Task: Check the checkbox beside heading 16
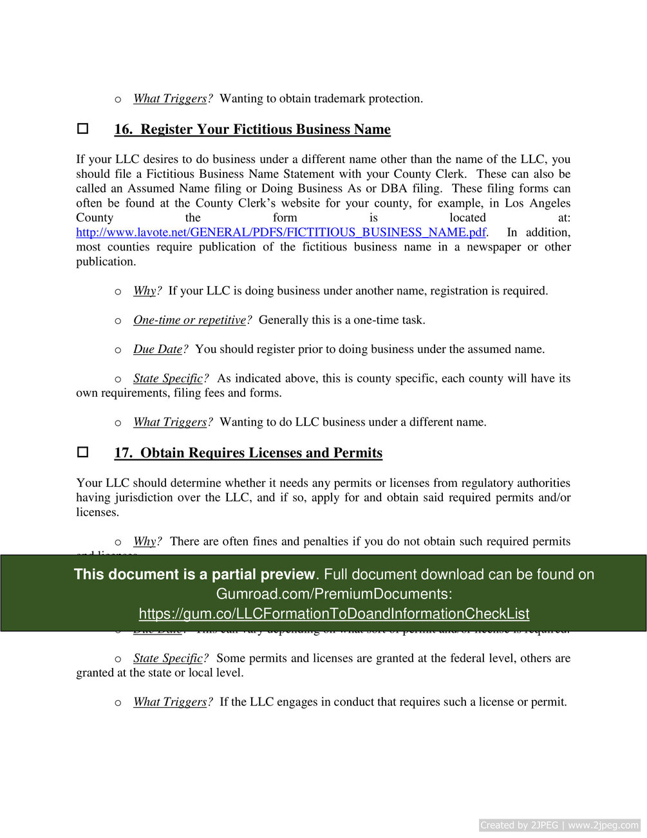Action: [83, 129]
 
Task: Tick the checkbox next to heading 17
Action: [83, 452]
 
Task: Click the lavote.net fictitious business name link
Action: [281, 233]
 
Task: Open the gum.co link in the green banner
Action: [334, 614]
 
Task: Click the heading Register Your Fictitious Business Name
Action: [252, 129]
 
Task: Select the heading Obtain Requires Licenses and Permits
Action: [248, 453]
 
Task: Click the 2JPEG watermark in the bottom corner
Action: [559, 825]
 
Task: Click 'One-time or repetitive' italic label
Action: [190, 320]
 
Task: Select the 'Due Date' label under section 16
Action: [158, 349]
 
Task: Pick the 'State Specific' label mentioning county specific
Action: [168, 378]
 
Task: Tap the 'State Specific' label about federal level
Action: [168, 658]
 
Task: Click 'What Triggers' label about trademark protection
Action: [170, 99]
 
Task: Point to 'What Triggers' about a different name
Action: [170, 422]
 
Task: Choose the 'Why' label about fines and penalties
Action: [145, 541]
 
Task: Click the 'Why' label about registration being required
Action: [145, 290]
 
